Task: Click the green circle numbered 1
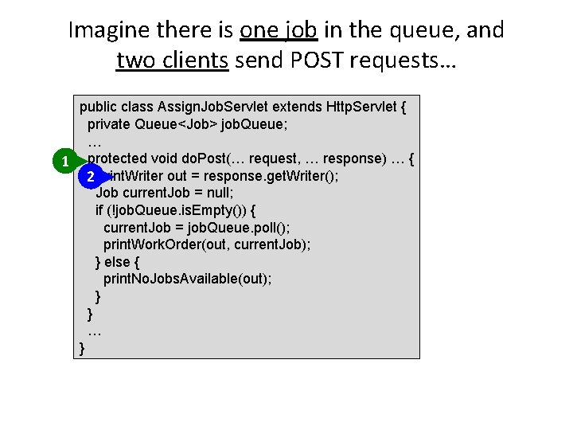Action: [64, 163]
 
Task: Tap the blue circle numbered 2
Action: [92, 176]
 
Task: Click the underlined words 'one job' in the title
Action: [279, 30]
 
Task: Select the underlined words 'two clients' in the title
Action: [172, 60]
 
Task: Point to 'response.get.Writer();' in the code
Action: [271, 176]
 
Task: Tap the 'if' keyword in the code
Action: [99, 211]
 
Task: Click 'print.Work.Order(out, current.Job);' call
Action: [207, 244]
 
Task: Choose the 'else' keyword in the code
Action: [118, 262]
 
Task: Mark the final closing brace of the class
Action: [83, 348]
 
